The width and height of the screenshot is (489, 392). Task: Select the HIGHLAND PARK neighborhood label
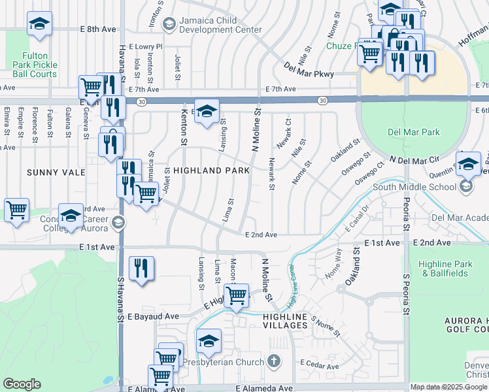pos(211,171)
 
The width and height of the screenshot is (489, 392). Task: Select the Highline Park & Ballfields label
pos(447,269)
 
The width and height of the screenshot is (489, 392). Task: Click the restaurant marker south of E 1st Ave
pos(141,268)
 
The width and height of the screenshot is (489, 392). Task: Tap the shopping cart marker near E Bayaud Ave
pos(236,295)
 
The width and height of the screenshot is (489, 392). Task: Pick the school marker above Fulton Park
pos(39,25)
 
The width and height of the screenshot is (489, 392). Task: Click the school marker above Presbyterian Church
pos(209,341)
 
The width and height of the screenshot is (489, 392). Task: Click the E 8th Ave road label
pos(97,29)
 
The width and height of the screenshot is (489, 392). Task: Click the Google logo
pos(22,384)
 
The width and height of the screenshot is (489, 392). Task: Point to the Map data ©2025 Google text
pos(448,387)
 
